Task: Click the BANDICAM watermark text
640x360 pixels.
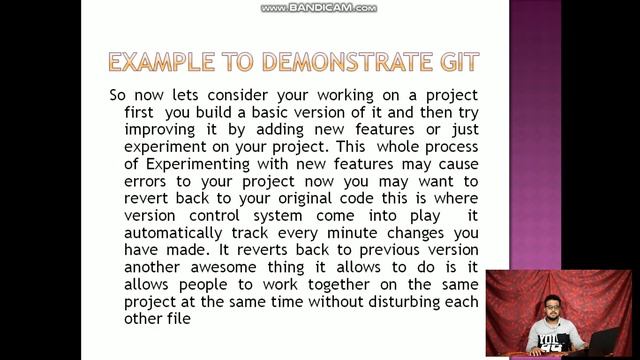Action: tap(320, 8)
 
